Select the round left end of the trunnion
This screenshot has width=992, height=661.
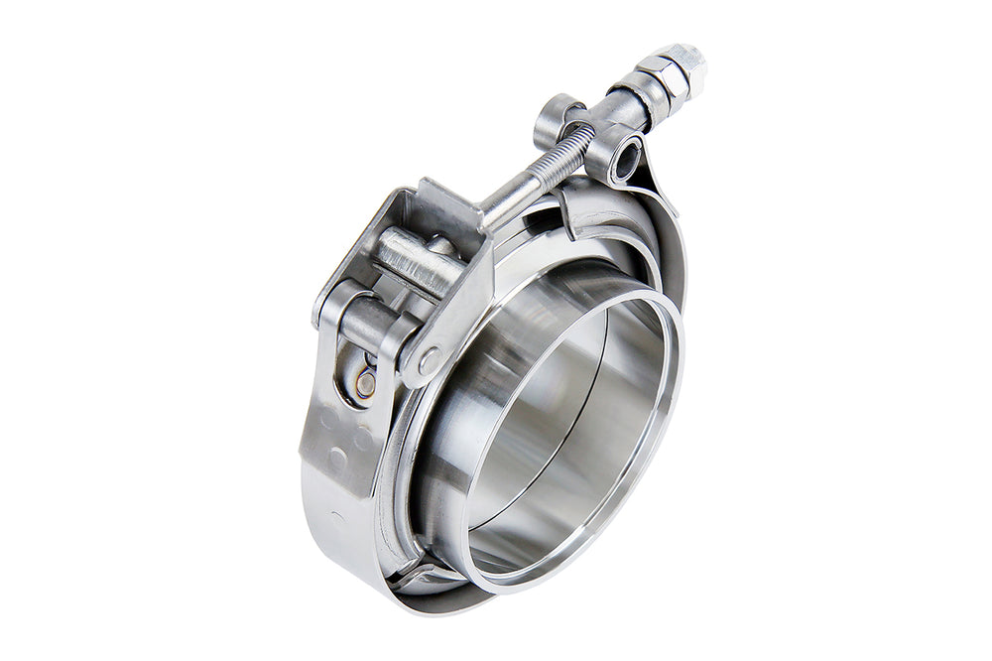pos(556,117)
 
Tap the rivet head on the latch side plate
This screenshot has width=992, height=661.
pos(430,360)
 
